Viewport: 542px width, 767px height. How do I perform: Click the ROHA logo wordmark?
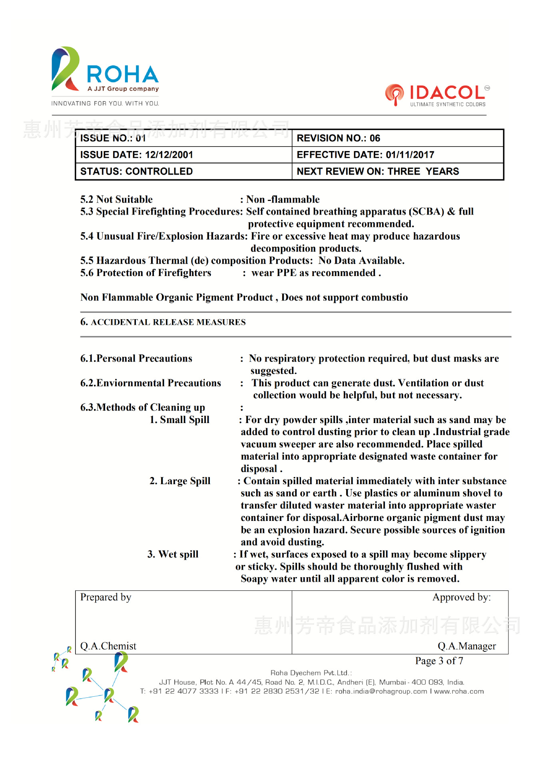click(122, 74)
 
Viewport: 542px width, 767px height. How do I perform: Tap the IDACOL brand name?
click(446, 93)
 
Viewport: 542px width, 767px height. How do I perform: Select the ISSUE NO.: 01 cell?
click(183, 138)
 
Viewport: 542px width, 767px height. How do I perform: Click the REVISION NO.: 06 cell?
click(397, 138)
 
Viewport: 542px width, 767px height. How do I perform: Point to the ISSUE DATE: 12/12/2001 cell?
click(183, 155)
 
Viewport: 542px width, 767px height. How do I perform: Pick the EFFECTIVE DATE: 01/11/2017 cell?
click(397, 155)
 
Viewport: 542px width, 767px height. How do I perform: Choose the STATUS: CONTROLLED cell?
click(183, 171)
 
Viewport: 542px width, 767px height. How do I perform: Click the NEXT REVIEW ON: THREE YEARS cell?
click(397, 171)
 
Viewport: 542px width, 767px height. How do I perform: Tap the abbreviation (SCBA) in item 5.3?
click(428, 211)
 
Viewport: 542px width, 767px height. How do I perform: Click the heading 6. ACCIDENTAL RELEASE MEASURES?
click(163, 322)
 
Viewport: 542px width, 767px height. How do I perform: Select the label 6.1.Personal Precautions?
click(136, 358)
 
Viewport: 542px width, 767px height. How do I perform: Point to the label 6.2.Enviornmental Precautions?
click(151, 383)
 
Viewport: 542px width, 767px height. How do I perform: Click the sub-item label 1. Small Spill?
click(179, 420)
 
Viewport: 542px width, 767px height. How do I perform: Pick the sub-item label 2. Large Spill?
click(180, 481)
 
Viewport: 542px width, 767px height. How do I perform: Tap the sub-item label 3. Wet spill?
click(173, 554)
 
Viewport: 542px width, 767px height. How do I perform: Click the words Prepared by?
click(106, 597)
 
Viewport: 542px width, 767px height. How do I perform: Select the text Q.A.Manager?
click(466, 646)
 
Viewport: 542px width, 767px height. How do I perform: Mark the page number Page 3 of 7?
click(439, 661)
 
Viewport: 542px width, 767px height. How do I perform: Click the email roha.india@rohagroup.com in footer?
click(381, 691)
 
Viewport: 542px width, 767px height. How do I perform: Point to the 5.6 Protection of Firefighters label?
click(146, 273)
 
